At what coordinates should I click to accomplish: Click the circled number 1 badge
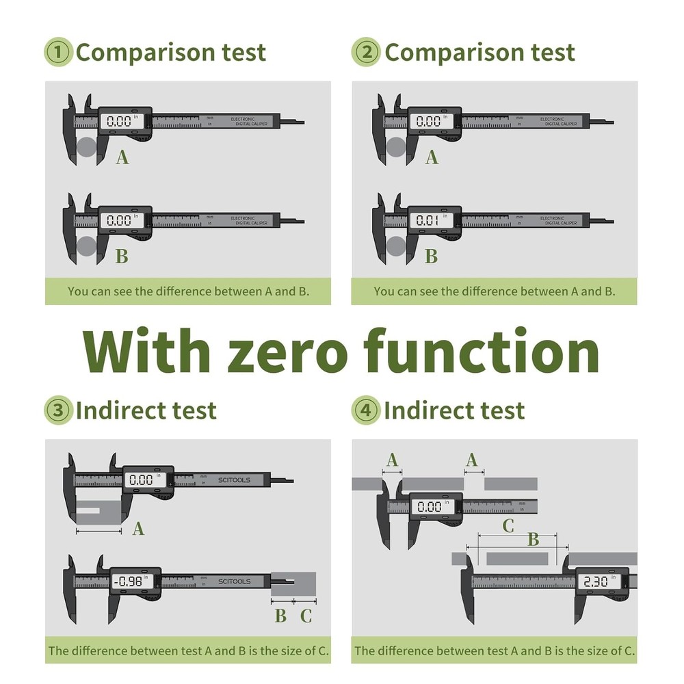[58, 53]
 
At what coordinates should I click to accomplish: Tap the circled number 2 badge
[366, 53]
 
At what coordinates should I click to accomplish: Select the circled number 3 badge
[58, 410]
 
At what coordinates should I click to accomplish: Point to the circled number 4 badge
[366, 410]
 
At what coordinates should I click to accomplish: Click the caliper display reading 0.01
[429, 221]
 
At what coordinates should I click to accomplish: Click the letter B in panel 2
[431, 256]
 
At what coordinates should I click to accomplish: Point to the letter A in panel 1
[122, 158]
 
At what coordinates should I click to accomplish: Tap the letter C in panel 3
[306, 616]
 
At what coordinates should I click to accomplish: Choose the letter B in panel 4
[533, 540]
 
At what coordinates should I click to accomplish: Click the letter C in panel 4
[508, 526]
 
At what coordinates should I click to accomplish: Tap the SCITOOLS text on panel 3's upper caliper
[235, 480]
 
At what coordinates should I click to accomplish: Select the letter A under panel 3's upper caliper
[138, 529]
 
